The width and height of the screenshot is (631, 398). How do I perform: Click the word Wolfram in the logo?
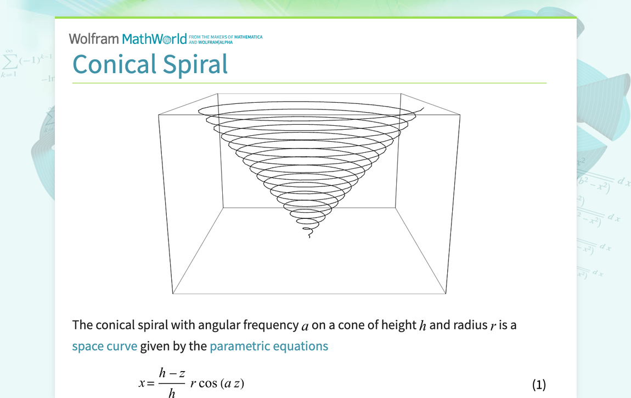tap(93, 39)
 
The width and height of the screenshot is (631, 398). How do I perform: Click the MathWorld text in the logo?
tap(154, 39)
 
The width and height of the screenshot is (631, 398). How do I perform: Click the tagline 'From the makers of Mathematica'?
tap(225, 37)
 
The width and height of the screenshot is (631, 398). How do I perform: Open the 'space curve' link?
tap(104, 346)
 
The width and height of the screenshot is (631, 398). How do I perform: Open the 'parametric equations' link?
tap(269, 346)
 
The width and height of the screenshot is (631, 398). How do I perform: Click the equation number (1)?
tap(539, 385)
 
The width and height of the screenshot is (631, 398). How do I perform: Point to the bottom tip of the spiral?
tap(309, 237)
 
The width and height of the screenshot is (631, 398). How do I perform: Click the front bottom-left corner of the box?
tap(173, 294)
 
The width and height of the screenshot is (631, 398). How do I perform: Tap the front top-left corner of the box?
tap(159, 115)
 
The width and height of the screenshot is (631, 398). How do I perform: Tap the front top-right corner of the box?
tap(459, 114)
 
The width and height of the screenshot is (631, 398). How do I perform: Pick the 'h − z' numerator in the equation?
tap(172, 373)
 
